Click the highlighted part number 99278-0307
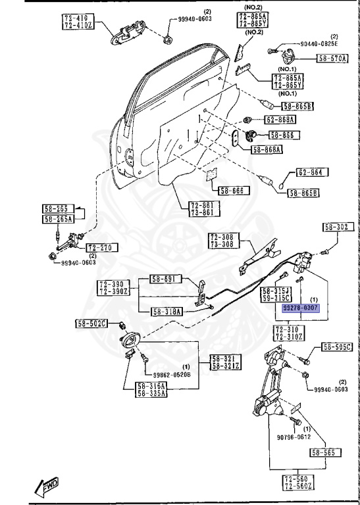pyautogui.click(x=301, y=308)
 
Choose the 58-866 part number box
pyautogui.click(x=284, y=135)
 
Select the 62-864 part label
pyautogui.click(x=312, y=173)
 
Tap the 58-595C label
pyautogui.click(x=337, y=347)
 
